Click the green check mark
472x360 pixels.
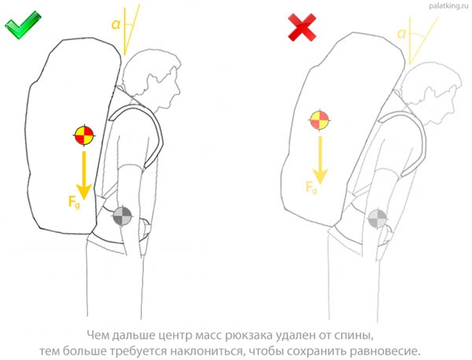[x=23, y=25]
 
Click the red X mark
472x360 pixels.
[x=302, y=28]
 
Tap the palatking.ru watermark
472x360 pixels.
[x=448, y=6]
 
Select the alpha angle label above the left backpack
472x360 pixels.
[x=116, y=24]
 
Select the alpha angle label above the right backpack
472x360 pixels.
[x=401, y=34]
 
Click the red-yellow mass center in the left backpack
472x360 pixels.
[x=84, y=136]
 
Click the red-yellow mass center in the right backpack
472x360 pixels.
[x=319, y=120]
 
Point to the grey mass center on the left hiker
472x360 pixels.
[x=122, y=216]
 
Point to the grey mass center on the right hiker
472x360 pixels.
[x=378, y=219]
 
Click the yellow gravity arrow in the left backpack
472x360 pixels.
[x=84, y=175]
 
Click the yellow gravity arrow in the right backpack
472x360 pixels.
[x=320, y=160]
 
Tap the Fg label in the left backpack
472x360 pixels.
[x=74, y=202]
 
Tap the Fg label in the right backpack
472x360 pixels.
[x=312, y=187]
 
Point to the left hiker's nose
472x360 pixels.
[x=179, y=89]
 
